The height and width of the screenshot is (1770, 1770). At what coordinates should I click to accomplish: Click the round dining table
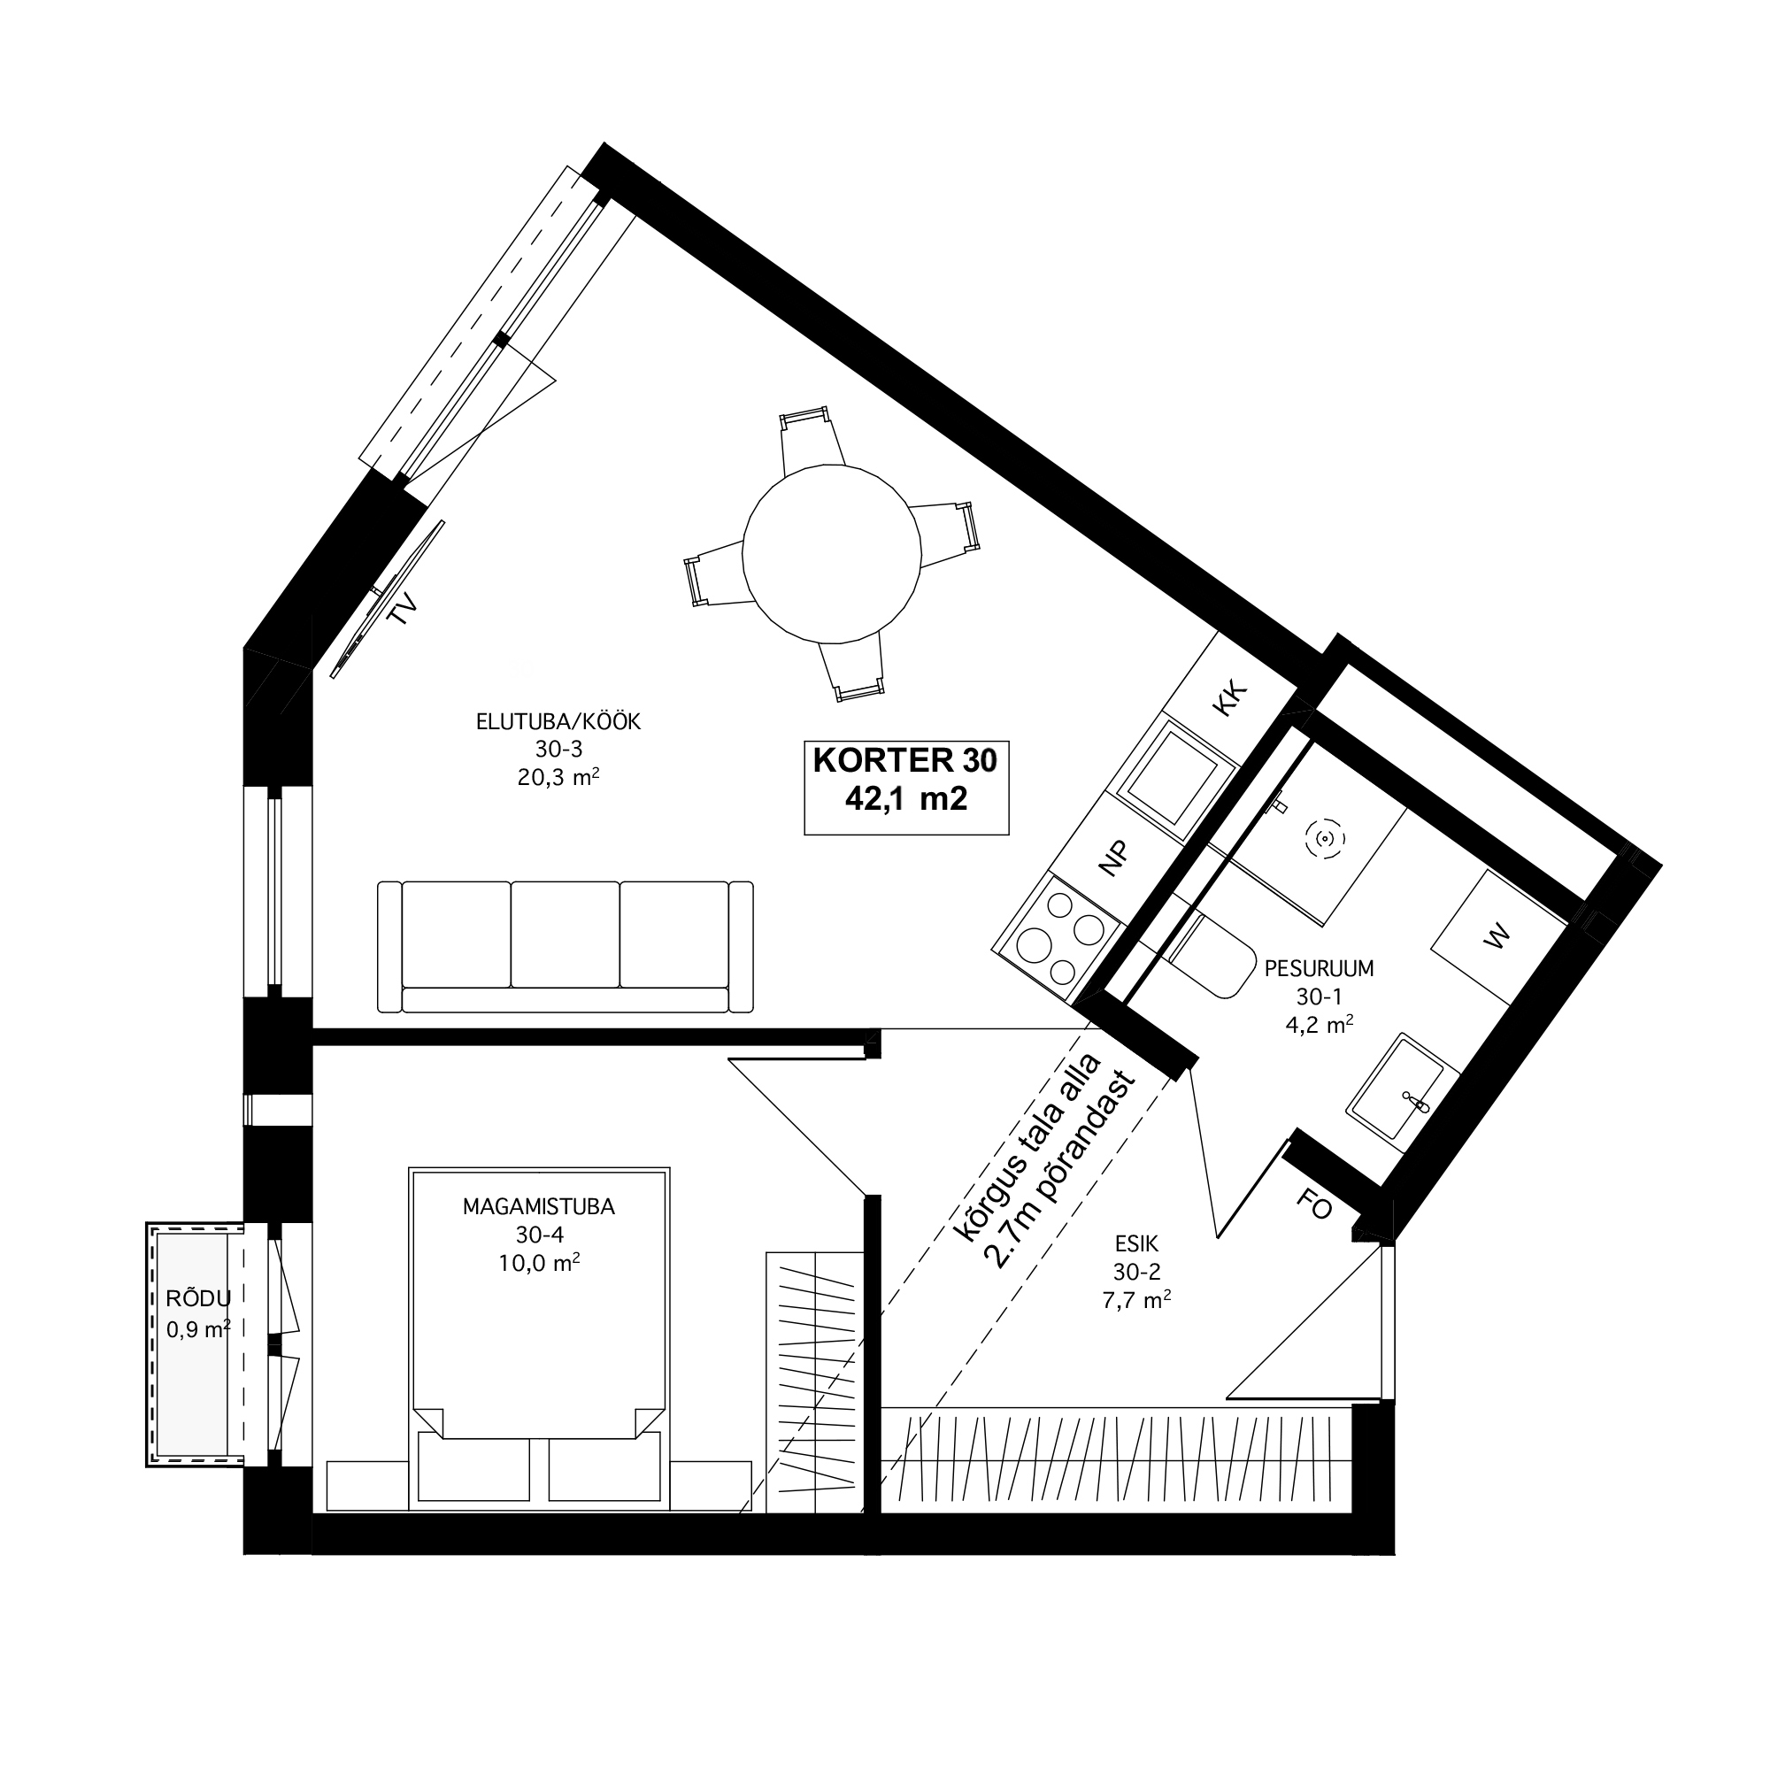coord(831,554)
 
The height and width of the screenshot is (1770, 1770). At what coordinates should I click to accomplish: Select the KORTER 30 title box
coord(906,787)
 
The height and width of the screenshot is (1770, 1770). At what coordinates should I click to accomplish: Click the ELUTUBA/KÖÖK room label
coord(558,722)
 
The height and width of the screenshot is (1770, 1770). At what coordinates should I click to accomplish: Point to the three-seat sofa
coord(566,946)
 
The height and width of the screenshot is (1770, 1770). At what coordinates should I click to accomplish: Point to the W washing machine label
coord(1497,937)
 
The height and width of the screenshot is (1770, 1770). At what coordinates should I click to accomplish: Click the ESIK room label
coord(1137,1243)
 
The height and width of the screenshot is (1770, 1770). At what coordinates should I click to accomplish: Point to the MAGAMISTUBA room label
coord(539,1206)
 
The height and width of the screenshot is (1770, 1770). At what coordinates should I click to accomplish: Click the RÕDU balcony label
coord(198,1298)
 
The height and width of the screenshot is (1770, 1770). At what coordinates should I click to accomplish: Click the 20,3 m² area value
coord(558,777)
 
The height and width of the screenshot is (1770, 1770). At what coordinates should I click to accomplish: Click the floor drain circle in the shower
coord(1322,836)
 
